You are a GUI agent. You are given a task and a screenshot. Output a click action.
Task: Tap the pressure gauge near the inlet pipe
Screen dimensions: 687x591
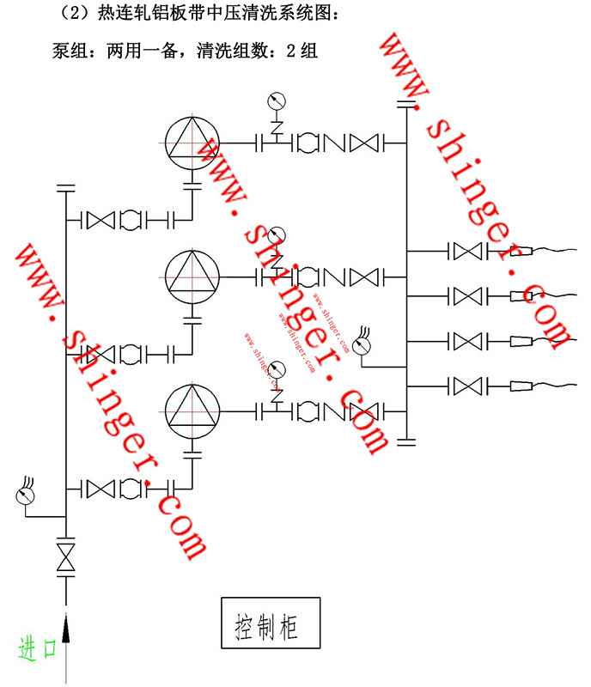click(x=25, y=495)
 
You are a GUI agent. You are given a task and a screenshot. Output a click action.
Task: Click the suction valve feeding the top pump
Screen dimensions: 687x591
click(x=102, y=219)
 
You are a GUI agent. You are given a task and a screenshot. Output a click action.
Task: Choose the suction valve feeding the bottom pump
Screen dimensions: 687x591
click(x=102, y=488)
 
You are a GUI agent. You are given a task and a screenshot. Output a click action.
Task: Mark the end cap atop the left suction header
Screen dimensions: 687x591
click(x=65, y=185)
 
